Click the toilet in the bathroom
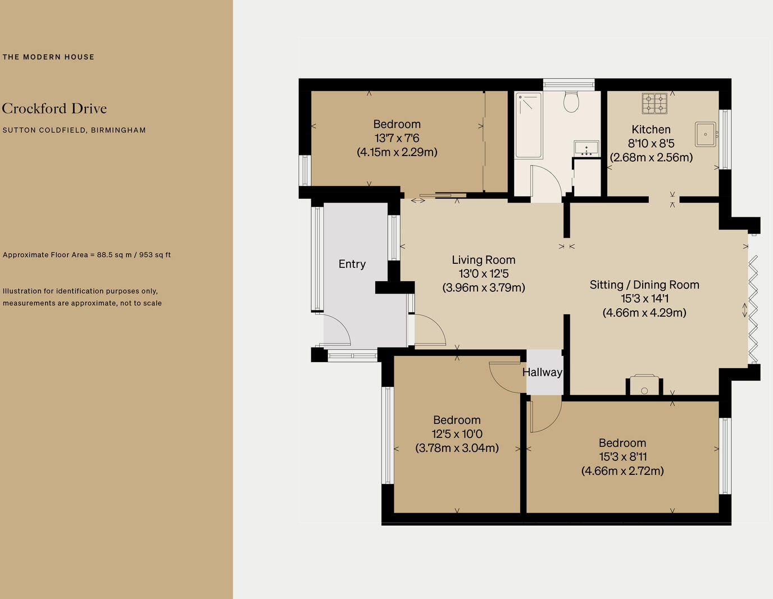[x=571, y=102]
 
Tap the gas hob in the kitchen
[x=654, y=103]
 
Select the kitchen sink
[x=706, y=134]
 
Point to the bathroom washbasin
[x=586, y=148]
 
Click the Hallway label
[x=542, y=372]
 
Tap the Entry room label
[x=352, y=264]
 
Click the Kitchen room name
[x=651, y=130]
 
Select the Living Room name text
[x=484, y=260]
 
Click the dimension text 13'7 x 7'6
[x=397, y=138]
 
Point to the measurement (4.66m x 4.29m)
[x=644, y=313]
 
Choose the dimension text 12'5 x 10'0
[x=457, y=434]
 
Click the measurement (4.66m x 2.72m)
[x=622, y=471]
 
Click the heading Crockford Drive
[x=54, y=108]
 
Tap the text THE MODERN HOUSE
[x=48, y=57]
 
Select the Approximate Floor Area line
[x=87, y=255]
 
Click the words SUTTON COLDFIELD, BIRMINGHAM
[x=74, y=130]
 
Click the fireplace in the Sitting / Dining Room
[x=644, y=386]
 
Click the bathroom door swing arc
[x=547, y=182]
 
